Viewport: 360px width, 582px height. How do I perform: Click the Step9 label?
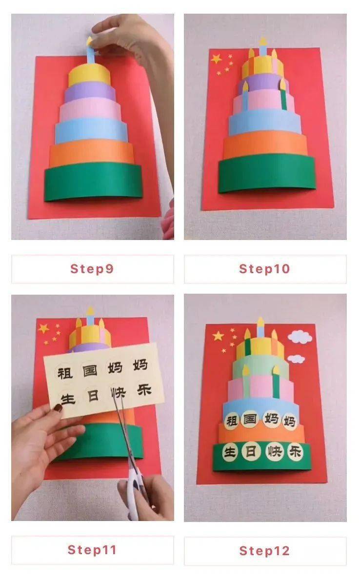[92, 269]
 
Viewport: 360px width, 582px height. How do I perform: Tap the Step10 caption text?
[264, 269]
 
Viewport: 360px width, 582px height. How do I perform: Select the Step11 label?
[92, 550]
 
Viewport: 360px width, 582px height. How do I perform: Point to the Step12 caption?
[264, 551]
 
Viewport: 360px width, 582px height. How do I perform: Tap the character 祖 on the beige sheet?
[64, 373]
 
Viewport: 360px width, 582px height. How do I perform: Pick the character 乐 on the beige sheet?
[144, 390]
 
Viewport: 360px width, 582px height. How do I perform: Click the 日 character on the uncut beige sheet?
[93, 396]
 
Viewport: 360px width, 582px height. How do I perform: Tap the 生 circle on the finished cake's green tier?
[230, 452]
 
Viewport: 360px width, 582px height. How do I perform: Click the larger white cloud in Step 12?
[300, 337]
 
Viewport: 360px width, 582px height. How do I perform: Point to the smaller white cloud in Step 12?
[296, 359]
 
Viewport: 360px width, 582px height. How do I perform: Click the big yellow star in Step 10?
[216, 59]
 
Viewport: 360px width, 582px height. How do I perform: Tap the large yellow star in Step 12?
[218, 336]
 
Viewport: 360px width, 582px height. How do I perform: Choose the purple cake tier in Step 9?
[90, 91]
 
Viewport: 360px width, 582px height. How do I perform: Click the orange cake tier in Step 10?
[265, 145]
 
